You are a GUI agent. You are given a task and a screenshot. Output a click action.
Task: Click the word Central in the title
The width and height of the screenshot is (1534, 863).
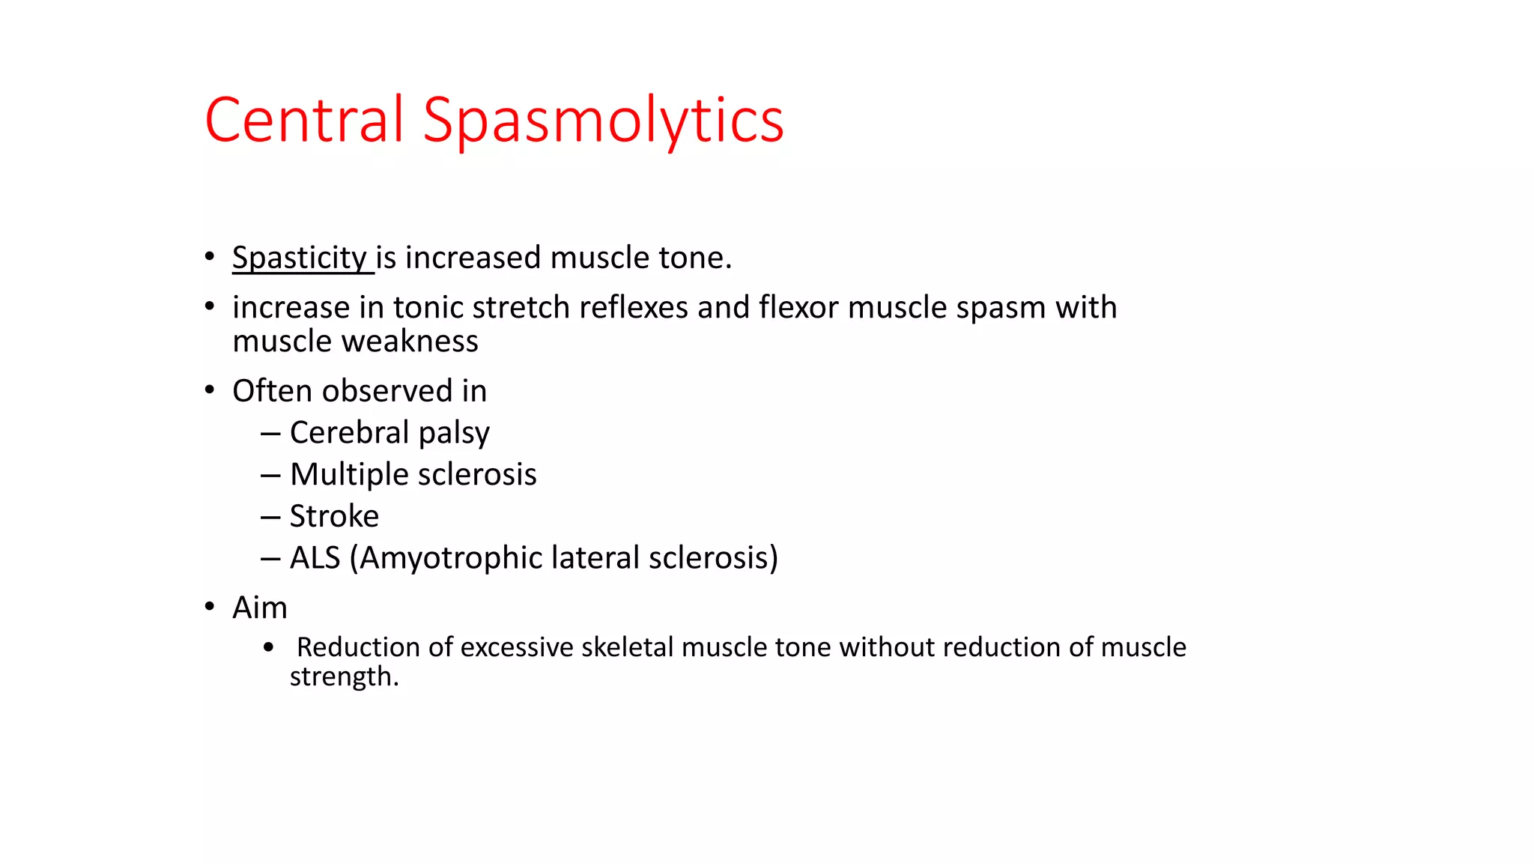[303, 120]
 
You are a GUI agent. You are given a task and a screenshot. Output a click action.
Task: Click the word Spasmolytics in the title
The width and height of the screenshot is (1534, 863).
[603, 122]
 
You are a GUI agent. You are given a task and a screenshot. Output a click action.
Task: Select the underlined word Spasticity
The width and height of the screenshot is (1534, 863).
[299, 258]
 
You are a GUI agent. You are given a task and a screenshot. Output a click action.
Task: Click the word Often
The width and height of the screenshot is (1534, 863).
[272, 391]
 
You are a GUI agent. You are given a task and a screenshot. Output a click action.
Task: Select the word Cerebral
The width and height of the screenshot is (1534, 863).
[349, 432]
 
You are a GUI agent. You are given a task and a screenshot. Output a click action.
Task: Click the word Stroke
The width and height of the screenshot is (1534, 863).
[334, 516]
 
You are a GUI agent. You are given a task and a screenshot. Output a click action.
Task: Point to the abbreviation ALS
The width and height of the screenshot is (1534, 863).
[315, 558]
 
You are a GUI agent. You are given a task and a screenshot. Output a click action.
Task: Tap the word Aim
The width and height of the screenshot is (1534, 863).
[259, 608]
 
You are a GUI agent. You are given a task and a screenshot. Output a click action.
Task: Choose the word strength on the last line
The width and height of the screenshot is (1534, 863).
[341, 677]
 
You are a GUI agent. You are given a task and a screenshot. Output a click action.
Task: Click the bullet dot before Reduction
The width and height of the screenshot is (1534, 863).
[269, 647]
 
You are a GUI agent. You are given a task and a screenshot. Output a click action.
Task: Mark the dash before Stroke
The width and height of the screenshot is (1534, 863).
[270, 517]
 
